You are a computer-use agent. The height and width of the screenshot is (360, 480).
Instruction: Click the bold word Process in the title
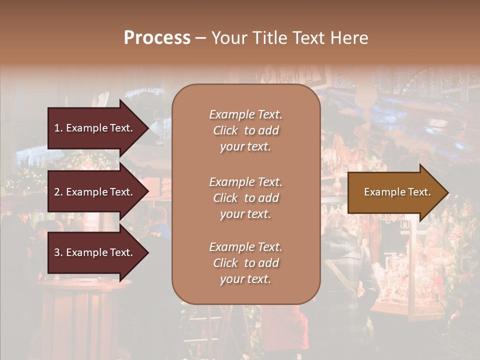(157, 38)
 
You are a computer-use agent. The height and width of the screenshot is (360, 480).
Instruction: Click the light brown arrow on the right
(395, 192)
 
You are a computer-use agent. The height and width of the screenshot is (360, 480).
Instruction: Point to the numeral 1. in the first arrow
(58, 128)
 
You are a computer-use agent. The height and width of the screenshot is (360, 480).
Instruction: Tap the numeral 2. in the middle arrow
(58, 192)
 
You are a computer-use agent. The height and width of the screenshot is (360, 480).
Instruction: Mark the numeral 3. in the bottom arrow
(58, 252)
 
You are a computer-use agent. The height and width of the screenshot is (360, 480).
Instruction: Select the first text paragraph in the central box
(245, 130)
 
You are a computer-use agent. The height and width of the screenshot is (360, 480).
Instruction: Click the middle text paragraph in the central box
(245, 198)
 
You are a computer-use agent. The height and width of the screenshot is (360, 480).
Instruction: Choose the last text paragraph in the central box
(245, 263)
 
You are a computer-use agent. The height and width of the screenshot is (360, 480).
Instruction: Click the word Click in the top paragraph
(225, 130)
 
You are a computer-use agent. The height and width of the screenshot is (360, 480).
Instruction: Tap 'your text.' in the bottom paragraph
(245, 279)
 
